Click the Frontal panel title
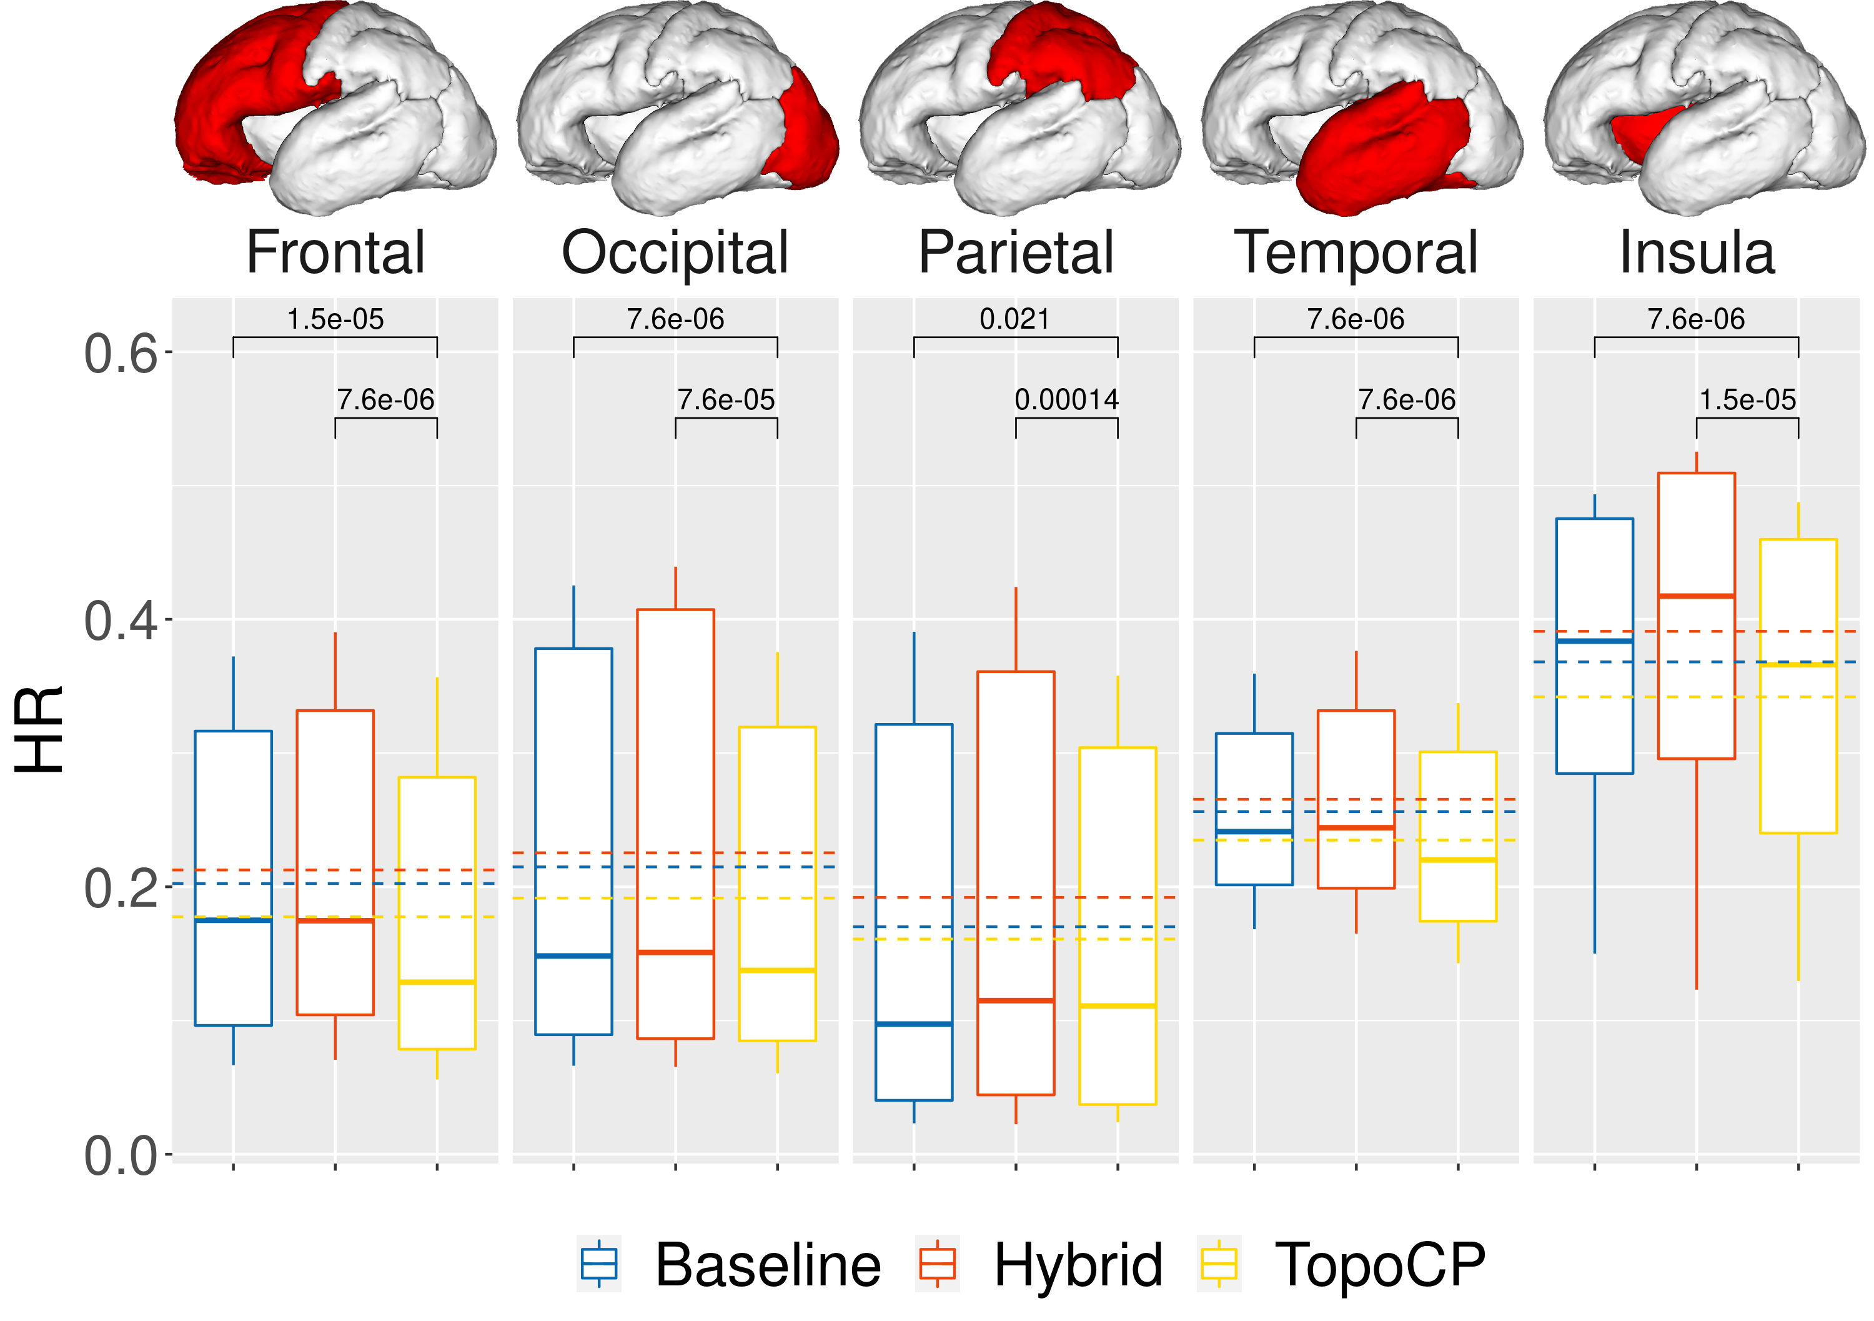pos(335,252)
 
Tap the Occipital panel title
pos(675,252)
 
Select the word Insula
pos(1696,252)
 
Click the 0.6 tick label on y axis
pos(121,354)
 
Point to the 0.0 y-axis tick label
pos(121,1156)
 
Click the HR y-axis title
pos(39,729)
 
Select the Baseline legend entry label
pos(767,1265)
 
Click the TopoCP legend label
pos(1379,1265)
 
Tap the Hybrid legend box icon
pos(937,1264)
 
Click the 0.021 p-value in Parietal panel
pos(1014,319)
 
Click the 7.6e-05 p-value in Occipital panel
pos(726,400)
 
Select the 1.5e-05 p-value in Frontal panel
pos(335,319)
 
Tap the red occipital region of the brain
pos(804,131)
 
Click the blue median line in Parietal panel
pos(913,1024)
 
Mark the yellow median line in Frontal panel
pos(437,982)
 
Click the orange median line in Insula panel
pos(1696,596)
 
